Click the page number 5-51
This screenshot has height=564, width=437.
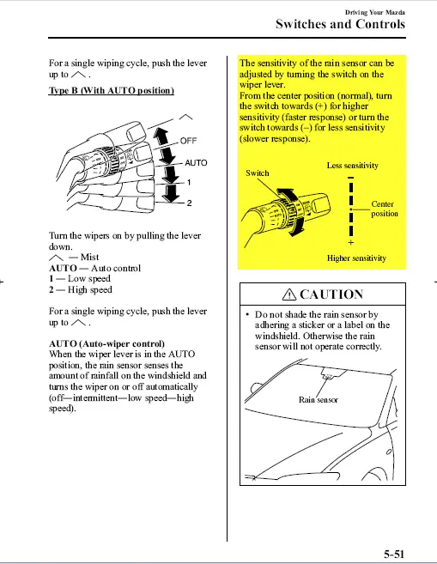coord(394,554)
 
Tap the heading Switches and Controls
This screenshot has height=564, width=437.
coord(340,24)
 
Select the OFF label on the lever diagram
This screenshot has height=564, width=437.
coord(188,141)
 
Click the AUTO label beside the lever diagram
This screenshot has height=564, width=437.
coord(196,163)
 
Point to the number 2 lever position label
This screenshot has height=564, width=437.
coord(189,203)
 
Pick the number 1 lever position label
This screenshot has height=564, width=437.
coord(189,183)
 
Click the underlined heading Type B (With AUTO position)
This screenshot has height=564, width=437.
coord(112,91)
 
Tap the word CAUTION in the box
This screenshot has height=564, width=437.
coord(331,294)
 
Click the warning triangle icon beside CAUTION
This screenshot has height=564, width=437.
coord(289,294)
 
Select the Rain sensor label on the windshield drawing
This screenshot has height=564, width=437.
coord(319,400)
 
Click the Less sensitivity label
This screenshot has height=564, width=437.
coord(353,166)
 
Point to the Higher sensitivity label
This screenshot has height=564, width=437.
coord(356,258)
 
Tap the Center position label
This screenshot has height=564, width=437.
coord(385,209)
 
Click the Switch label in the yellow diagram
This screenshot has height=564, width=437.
coord(258,173)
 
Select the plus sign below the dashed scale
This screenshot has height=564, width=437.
coord(350,243)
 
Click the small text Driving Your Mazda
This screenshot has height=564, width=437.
coord(375,12)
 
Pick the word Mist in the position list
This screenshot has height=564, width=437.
coord(89,258)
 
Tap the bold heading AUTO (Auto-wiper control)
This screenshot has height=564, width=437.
coord(106,343)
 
